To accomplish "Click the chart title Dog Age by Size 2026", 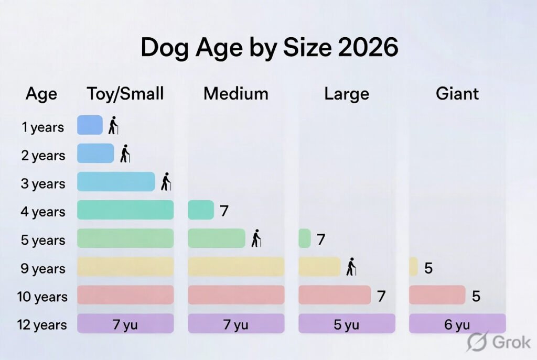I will pos(269,48).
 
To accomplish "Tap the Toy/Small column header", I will pos(125,94).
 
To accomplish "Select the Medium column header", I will pos(236,94).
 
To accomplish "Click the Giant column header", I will pos(457,94).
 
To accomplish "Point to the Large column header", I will pos(347,94).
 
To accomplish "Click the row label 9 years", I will pos(44,269).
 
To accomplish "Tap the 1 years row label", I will pos(44,127).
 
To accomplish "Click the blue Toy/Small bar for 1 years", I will pos(90,125).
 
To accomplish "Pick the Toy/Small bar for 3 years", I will pos(116,182).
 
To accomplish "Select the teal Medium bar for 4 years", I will pos(201,210).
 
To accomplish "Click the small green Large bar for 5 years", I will pos(305,238).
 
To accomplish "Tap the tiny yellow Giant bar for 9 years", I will pos(413,267).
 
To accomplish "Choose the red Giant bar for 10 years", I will pos(437,295).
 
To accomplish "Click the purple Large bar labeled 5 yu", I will pos(347,324).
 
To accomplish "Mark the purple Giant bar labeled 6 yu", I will pos(457,324).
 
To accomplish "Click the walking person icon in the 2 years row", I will pos(125,154).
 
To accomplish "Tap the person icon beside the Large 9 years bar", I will pos(351,267).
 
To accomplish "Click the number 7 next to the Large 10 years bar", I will pos(381,297).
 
